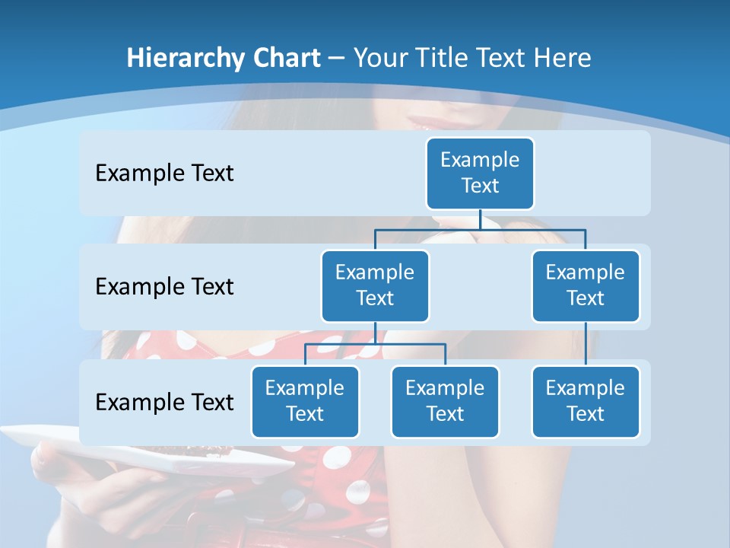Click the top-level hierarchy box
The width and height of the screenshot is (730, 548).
(480, 174)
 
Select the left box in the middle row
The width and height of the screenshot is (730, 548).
(375, 285)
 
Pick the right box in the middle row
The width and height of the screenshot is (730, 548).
(586, 285)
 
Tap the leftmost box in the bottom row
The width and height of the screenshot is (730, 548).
(305, 401)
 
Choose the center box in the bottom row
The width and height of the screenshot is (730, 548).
(445, 401)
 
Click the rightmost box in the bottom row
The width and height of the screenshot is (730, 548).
(586, 401)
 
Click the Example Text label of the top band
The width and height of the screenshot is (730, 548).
(164, 174)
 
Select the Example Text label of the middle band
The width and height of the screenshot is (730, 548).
(164, 287)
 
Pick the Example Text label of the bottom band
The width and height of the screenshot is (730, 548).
(164, 402)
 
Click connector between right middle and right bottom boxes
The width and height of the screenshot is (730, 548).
(586, 343)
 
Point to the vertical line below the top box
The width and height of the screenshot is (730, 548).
(480, 219)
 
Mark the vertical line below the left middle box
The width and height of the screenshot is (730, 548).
(375, 333)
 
